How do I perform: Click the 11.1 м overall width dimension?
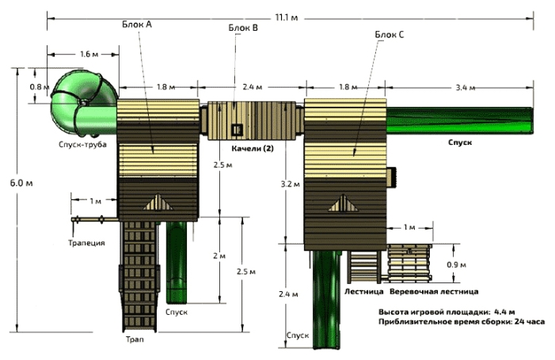click(287, 17)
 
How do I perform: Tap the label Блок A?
click(137, 25)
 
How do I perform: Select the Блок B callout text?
click(243, 28)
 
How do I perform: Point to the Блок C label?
click(390, 35)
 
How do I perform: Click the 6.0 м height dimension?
click(21, 184)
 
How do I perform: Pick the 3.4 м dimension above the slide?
click(465, 88)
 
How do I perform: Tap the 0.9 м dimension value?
click(456, 264)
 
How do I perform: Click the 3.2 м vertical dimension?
click(291, 184)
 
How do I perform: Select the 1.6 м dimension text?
click(89, 54)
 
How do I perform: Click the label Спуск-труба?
click(82, 144)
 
